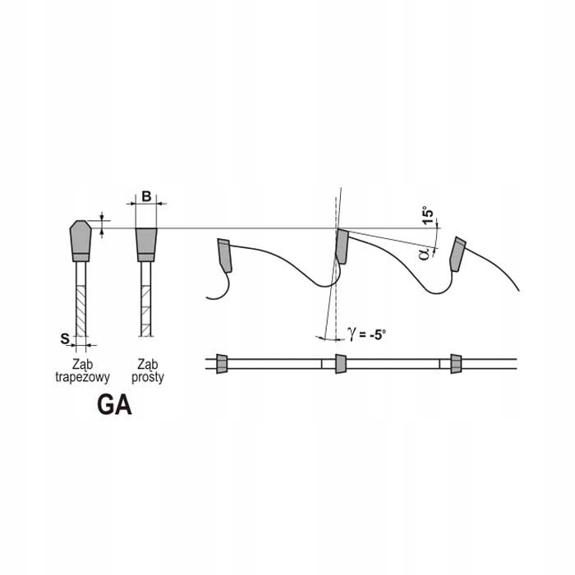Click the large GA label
114,405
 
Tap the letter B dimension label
146,196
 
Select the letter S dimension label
65,338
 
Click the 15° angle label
427,216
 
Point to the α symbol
425,253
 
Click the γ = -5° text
366,334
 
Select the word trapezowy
82,377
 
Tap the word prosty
148,377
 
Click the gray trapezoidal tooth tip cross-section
80,241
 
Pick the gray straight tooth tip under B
146,245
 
